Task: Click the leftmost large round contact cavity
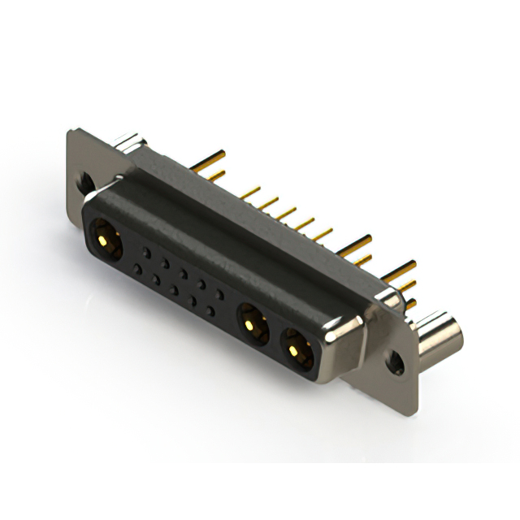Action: click(x=105, y=240)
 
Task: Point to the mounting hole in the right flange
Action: click(x=396, y=362)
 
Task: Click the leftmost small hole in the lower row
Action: click(x=137, y=268)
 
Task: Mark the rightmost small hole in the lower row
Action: click(x=210, y=310)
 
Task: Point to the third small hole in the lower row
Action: click(x=174, y=289)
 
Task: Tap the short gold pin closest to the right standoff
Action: click(x=410, y=304)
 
